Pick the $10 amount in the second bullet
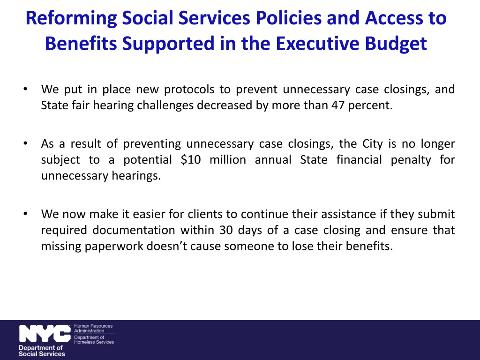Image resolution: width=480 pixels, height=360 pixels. tap(191, 160)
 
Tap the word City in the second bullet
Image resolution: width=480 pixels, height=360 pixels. tap(373, 143)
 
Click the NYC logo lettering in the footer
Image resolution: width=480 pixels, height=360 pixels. tap(45, 334)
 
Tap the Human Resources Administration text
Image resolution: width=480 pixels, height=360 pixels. tap(93, 328)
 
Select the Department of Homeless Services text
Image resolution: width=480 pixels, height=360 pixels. tap(94, 339)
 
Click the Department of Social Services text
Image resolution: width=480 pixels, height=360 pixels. tap(41, 351)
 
